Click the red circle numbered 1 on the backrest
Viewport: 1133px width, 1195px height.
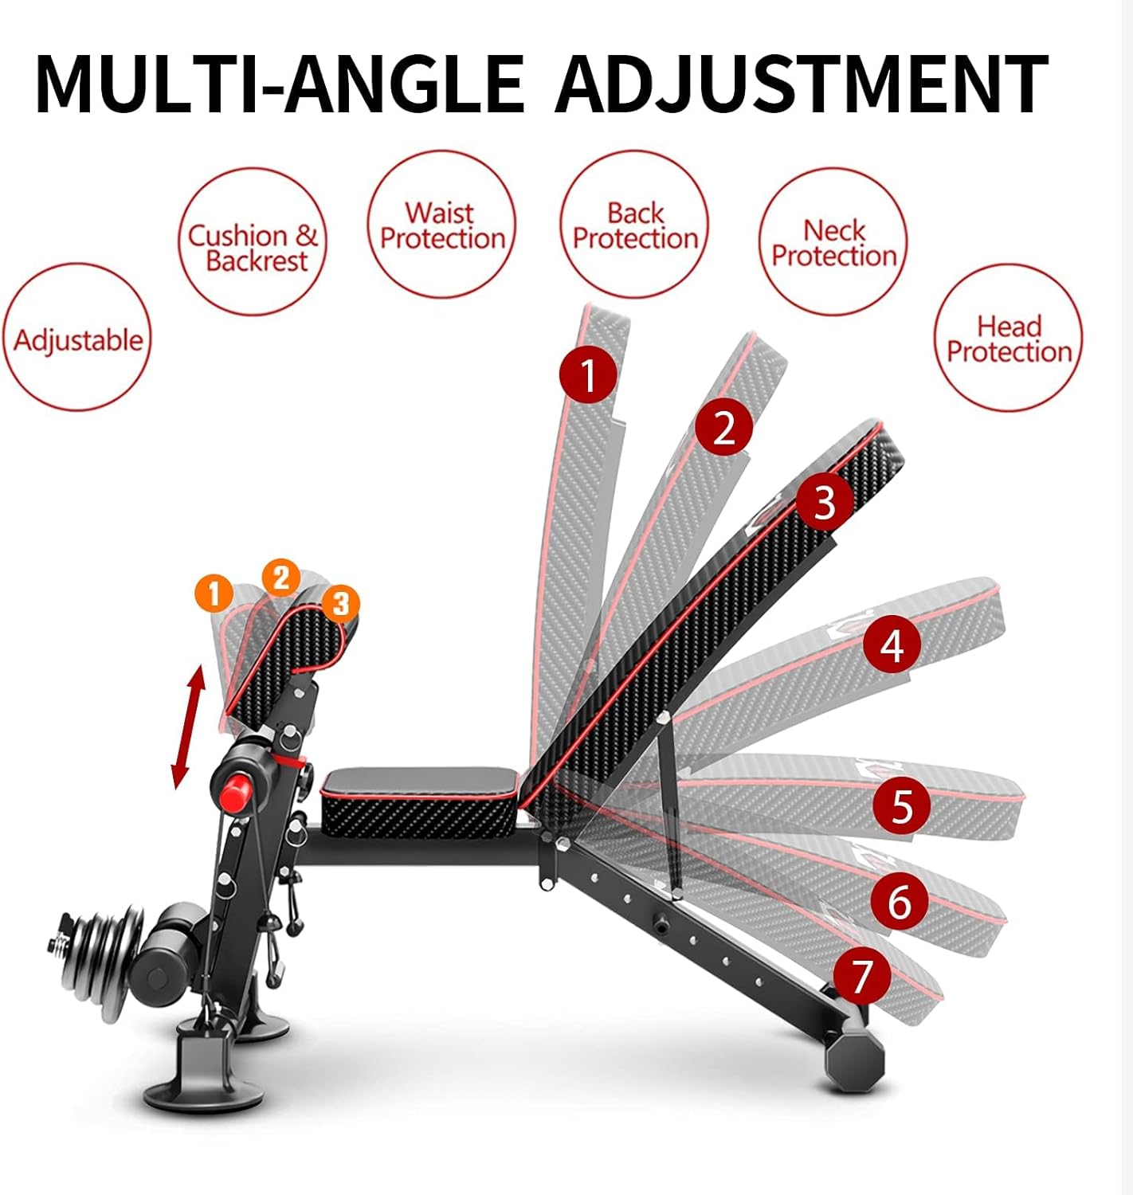coord(588,374)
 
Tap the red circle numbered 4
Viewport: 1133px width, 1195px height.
coord(892,645)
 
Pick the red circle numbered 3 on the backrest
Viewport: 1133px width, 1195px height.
coord(824,503)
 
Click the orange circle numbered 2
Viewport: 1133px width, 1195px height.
coord(280,578)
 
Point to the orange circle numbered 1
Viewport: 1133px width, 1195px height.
coord(213,594)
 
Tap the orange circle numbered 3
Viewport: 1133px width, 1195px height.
coord(340,603)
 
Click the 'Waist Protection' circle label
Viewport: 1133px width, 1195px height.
coord(441,225)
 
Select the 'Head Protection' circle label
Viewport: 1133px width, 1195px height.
coord(1008,339)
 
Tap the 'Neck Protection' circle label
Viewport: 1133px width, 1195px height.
coord(833,243)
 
